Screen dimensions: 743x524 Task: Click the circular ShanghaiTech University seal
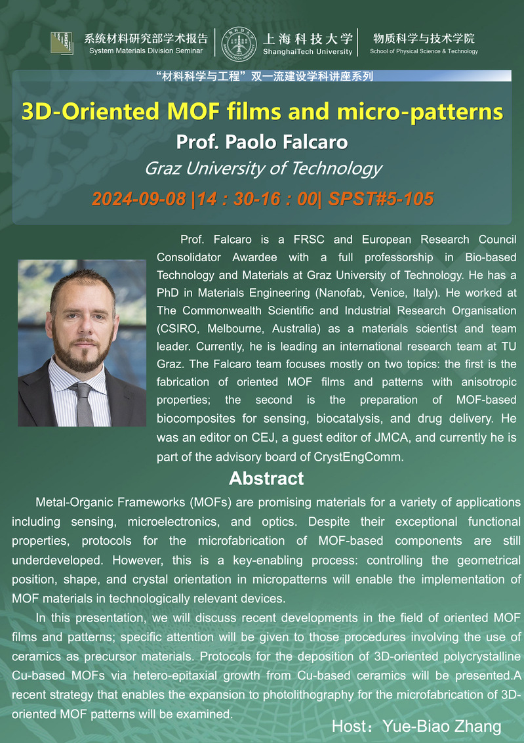[x=239, y=44]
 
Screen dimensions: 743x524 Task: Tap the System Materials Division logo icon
[x=62, y=43]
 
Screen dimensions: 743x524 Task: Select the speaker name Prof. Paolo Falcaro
[x=262, y=142]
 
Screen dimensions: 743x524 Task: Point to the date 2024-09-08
[x=139, y=198]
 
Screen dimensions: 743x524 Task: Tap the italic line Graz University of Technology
[x=262, y=169]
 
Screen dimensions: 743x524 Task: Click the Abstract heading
[x=266, y=478]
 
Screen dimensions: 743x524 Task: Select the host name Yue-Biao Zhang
[x=443, y=726]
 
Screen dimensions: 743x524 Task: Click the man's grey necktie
[x=84, y=400]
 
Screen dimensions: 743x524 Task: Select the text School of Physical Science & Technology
[x=424, y=51]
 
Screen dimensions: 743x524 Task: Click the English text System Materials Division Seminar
[x=146, y=51]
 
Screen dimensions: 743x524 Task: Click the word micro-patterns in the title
[x=420, y=112]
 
